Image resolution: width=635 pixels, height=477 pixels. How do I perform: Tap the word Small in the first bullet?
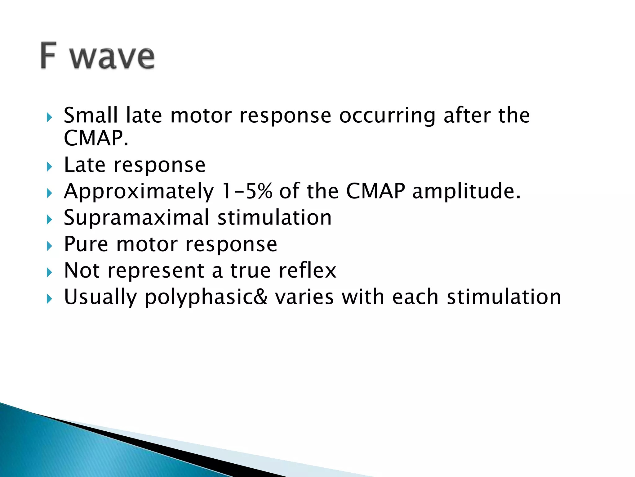coord(91,115)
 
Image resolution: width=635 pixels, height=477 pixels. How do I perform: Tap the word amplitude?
coord(466,192)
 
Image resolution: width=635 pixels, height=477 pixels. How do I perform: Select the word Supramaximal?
coord(136,218)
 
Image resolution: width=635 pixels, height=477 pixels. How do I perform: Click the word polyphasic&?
coord(206,298)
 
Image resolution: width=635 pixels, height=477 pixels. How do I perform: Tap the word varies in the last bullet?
coord(304,297)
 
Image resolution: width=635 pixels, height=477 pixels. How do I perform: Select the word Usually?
coord(100,298)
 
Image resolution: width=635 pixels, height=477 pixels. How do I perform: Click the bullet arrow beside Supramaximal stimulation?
coord(49,220)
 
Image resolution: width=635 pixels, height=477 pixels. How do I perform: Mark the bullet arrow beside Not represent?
coord(49,273)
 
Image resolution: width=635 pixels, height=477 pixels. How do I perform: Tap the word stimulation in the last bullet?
coord(504,297)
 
